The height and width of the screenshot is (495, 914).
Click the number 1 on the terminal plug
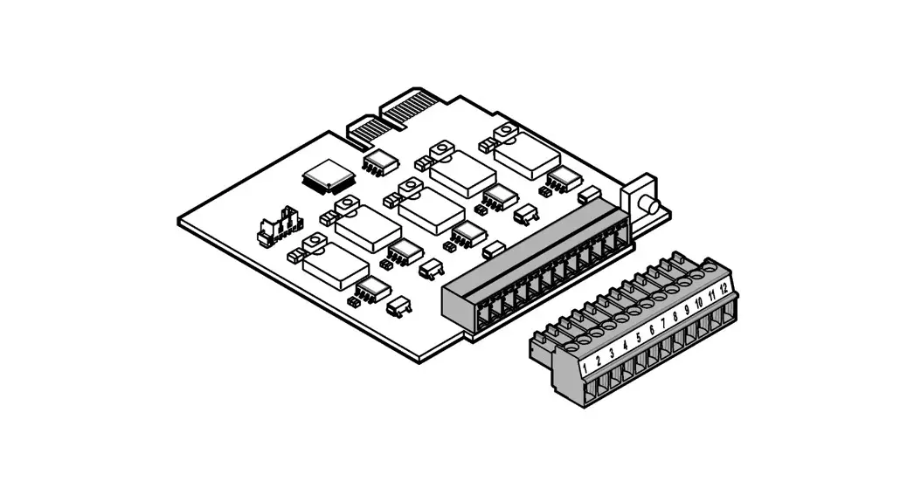tap(584, 356)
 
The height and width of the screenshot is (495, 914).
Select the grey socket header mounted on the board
tap(533, 271)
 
